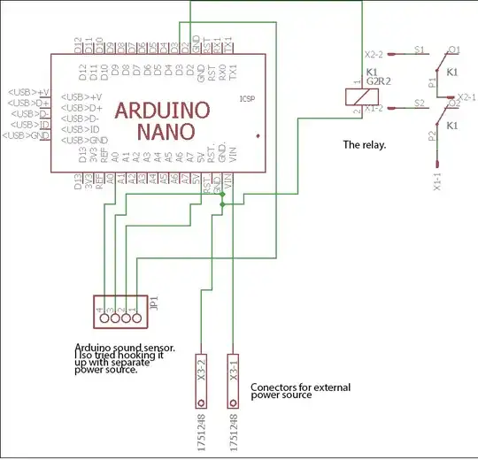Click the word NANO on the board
click(x=168, y=132)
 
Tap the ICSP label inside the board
click(x=246, y=99)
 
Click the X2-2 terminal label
click(x=377, y=52)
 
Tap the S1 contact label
click(x=419, y=51)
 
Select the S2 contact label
click(x=419, y=104)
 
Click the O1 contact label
click(x=453, y=50)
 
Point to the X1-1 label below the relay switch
click(x=436, y=182)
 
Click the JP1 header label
click(x=153, y=306)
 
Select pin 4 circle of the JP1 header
click(x=104, y=317)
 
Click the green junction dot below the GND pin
click(x=221, y=204)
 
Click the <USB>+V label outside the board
click(x=27, y=92)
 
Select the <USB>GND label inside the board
click(x=86, y=141)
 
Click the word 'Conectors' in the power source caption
click(x=274, y=387)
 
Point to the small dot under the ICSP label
click(x=257, y=135)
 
